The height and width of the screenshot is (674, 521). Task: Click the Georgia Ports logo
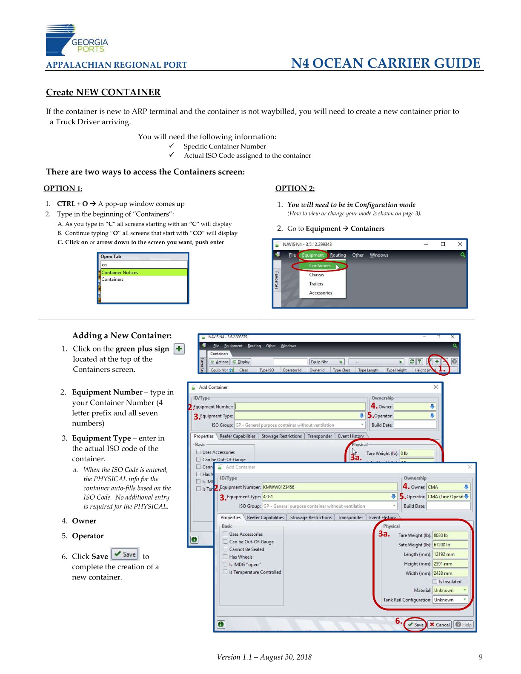tap(77, 40)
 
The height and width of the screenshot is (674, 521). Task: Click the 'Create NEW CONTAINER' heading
tap(103, 92)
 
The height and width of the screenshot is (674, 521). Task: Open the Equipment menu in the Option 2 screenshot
tap(313, 255)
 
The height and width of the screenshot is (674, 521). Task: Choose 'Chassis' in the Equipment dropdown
tap(316, 275)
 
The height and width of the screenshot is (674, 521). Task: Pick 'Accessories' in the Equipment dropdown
tap(321, 293)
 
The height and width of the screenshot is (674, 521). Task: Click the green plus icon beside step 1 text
tap(179, 349)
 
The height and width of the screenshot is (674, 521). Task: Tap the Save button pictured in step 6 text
tap(125, 554)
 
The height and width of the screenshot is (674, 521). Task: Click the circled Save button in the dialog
tap(415, 625)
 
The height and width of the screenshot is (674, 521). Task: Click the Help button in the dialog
tap(464, 625)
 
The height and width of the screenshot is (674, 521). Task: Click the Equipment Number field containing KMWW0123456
tap(329, 487)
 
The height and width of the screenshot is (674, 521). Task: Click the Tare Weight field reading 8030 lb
tap(450, 535)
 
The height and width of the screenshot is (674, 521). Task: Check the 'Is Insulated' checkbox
tap(435, 582)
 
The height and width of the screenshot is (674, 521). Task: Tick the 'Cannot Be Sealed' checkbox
tap(225, 549)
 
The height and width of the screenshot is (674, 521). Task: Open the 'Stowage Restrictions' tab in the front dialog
tap(311, 517)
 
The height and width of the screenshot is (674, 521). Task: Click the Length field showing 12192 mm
tap(450, 554)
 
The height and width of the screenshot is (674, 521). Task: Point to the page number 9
tap(481, 657)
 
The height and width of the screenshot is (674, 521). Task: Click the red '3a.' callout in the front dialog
tap(384, 534)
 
